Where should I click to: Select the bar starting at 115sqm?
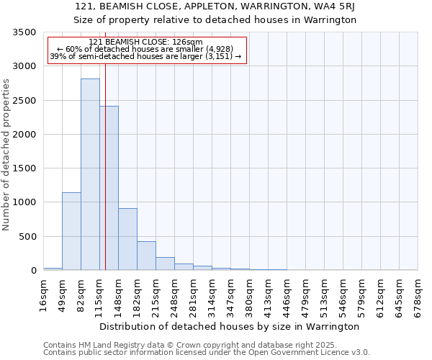tap(109, 188)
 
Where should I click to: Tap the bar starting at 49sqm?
tap(71, 231)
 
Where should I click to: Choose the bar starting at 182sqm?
tap(146, 256)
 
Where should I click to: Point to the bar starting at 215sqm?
tap(165, 264)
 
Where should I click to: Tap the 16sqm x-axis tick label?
tap(44, 292)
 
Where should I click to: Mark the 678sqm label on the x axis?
tap(418, 294)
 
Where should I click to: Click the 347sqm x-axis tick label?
tap(231, 294)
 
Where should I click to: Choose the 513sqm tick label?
tap(325, 294)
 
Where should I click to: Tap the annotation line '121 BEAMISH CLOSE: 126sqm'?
tap(146, 42)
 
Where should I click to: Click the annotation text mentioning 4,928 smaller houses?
tap(146, 50)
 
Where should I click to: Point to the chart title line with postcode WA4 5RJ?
tap(215, 6)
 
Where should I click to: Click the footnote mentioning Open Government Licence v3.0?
tap(207, 353)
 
